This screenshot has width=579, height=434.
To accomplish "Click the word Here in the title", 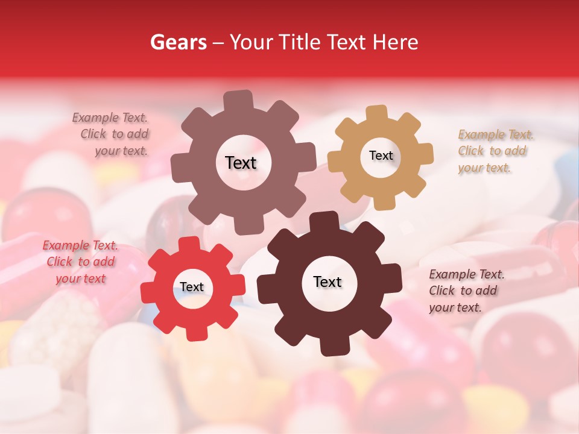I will point(396,42).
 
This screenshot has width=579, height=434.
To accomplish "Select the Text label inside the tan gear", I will point(381,156).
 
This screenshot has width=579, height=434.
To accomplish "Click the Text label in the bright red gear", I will point(192,287).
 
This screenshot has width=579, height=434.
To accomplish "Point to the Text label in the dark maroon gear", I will point(327,282).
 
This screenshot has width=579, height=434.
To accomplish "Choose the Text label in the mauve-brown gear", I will point(241,163).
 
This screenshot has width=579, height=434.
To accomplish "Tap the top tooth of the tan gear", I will point(377,114).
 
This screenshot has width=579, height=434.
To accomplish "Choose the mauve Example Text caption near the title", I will point(112,134).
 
